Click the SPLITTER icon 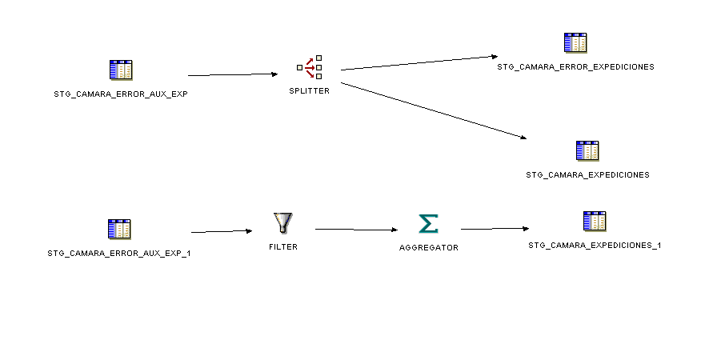click(310, 67)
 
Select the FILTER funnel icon click(283, 223)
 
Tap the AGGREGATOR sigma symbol click(429, 224)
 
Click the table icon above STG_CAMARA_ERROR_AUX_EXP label click(120, 70)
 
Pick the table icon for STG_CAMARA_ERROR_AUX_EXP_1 click(119, 230)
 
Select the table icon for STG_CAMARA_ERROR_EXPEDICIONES click(575, 44)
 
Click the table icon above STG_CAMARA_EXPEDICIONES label click(587, 150)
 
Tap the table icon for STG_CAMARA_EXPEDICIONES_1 click(595, 222)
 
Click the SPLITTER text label click(310, 91)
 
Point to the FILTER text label click(283, 247)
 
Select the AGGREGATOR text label click(429, 248)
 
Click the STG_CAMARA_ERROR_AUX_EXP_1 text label click(119, 254)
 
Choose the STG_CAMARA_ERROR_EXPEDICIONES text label click(575, 67)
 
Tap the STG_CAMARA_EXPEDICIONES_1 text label click(595, 246)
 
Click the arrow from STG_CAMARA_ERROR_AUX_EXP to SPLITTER click(232, 74)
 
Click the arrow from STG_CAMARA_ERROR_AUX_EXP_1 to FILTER click(222, 231)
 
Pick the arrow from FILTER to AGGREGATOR click(356, 230)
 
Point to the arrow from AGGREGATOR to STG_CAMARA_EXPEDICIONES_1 click(495, 229)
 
